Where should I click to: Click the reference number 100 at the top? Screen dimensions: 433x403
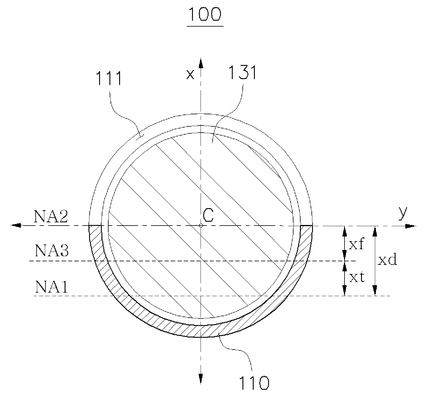[x=205, y=14]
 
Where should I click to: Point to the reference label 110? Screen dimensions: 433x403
[x=254, y=383]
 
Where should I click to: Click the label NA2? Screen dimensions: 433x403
[x=51, y=216]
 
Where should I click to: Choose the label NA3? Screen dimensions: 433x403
[x=52, y=250]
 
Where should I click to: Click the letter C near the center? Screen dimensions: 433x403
[x=208, y=215]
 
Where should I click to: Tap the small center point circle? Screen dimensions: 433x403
[x=201, y=226]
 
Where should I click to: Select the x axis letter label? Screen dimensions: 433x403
[x=190, y=74]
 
